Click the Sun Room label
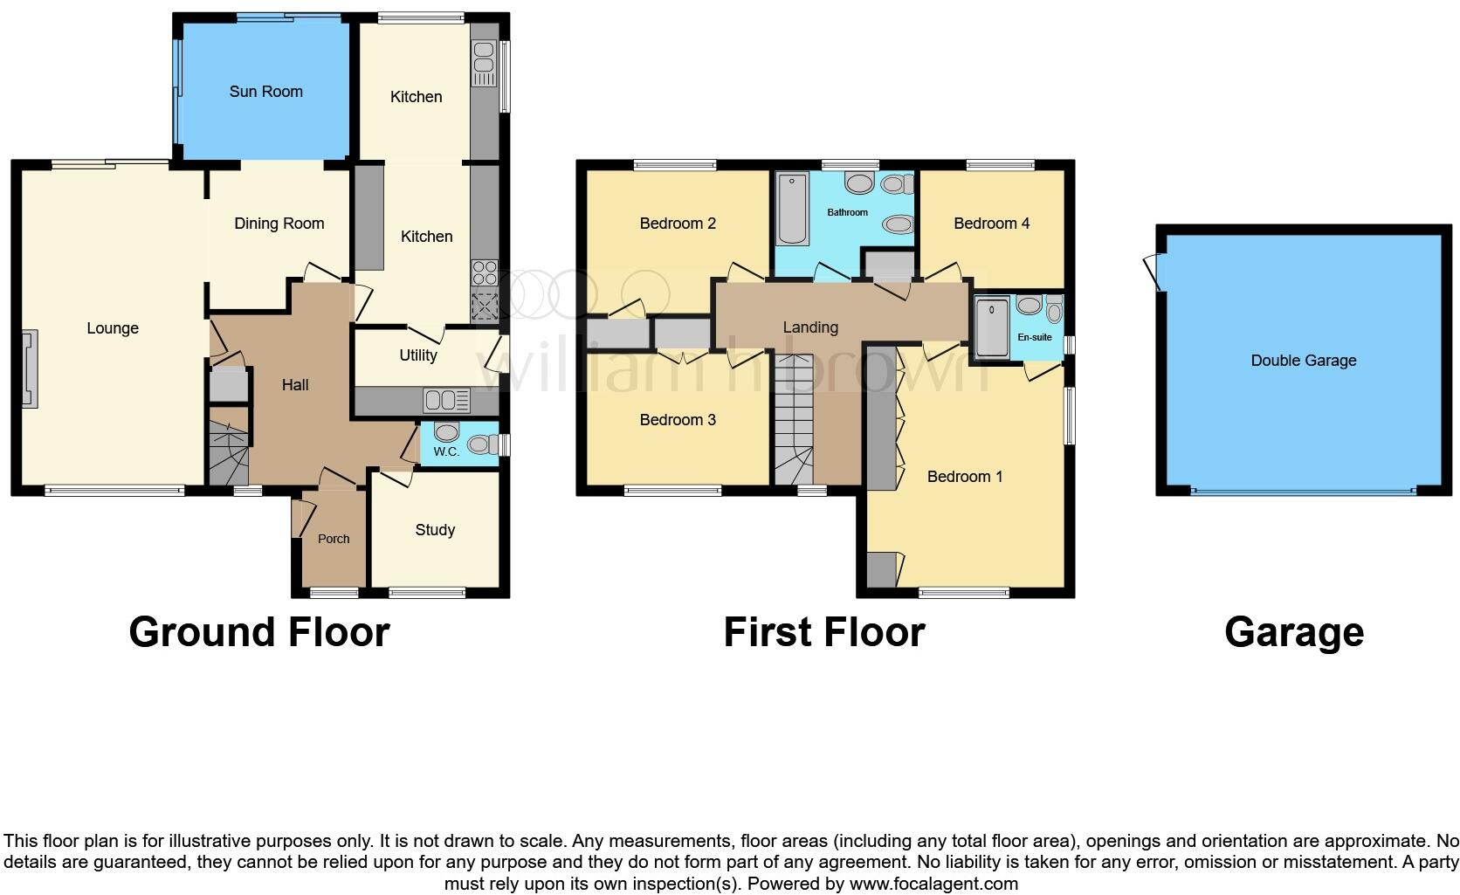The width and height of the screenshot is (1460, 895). click(265, 92)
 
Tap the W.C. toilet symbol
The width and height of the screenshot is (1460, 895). click(447, 431)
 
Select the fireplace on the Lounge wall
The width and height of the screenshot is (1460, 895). click(30, 368)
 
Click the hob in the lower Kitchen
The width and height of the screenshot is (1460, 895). click(484, 273)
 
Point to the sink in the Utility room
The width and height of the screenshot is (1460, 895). click(446, 401)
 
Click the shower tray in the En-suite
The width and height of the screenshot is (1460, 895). click(992, 327)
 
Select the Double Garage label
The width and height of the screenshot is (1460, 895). click(1303, 361)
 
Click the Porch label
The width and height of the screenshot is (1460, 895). click(334, 539)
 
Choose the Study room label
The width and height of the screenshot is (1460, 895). click(435, 530)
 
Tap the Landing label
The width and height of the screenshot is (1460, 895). click(810, 327)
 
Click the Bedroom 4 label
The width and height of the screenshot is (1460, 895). click(991, 224)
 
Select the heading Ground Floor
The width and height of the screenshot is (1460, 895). click(258, 632)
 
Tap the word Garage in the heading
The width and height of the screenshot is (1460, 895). click(1293, 632)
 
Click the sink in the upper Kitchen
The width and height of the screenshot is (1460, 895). click(483, 63)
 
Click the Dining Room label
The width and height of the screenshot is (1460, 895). click(279, 224)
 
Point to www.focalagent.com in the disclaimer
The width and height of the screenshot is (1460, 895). click(933, 884)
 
